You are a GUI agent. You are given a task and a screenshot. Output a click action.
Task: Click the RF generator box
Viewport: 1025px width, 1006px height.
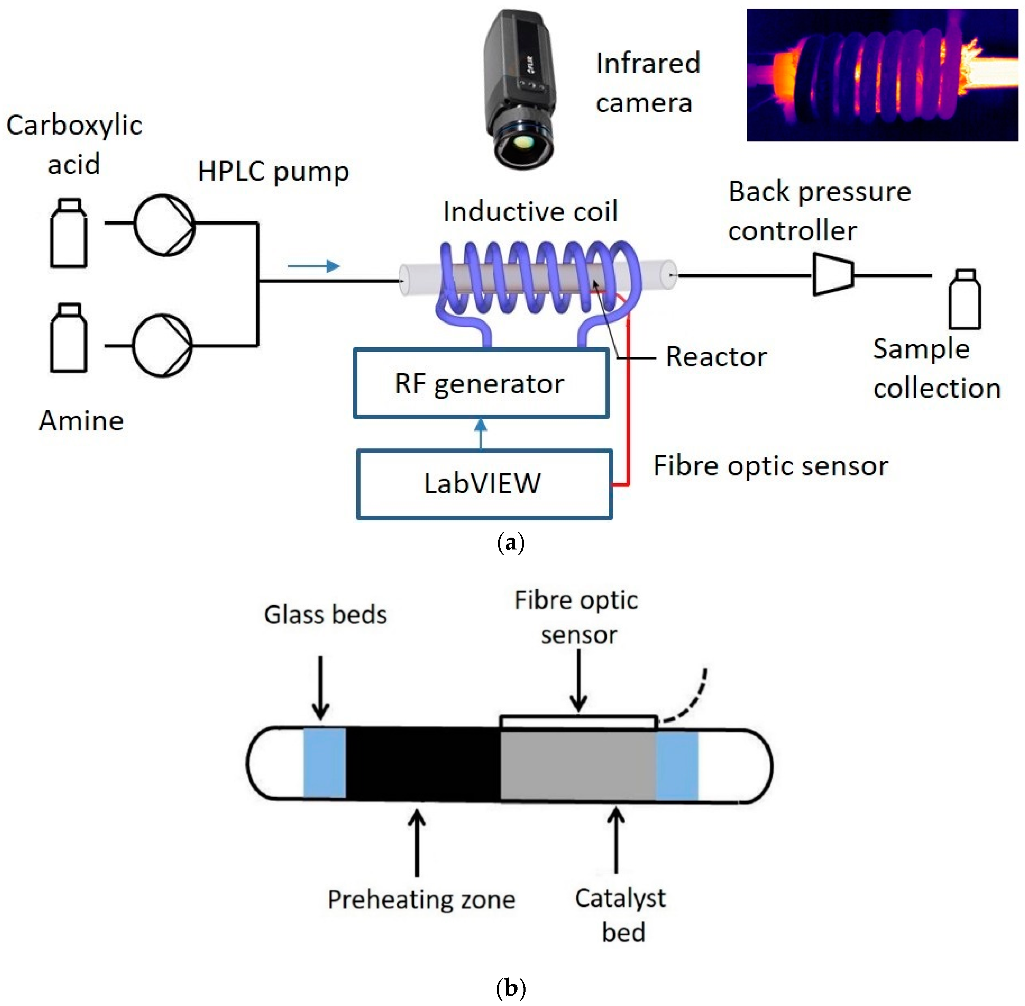coord(480,383)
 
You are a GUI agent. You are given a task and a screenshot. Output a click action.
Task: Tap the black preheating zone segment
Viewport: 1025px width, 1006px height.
coord(423,763)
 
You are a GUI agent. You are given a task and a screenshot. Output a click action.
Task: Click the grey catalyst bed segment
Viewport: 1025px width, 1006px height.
coord(578,763)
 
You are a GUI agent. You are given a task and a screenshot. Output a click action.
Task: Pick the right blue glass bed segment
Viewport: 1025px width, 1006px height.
coord(677,763)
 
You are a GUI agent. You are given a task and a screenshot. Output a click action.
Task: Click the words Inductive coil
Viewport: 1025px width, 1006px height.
coord(530,212)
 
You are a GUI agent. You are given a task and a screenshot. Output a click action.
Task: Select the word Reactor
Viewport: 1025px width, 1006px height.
coord(716,357)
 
